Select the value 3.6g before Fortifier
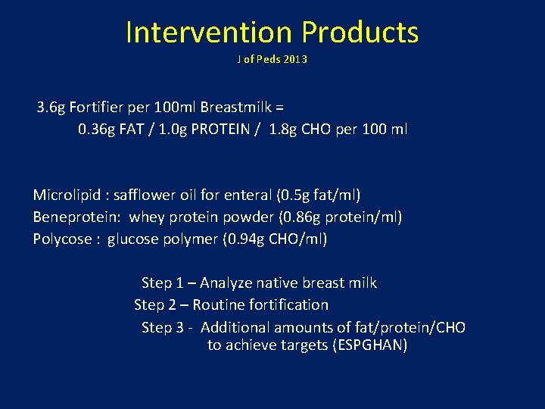click(x=51, y=107)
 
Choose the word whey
click(x=145, y=217)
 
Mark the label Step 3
click(x=163, y=328)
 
